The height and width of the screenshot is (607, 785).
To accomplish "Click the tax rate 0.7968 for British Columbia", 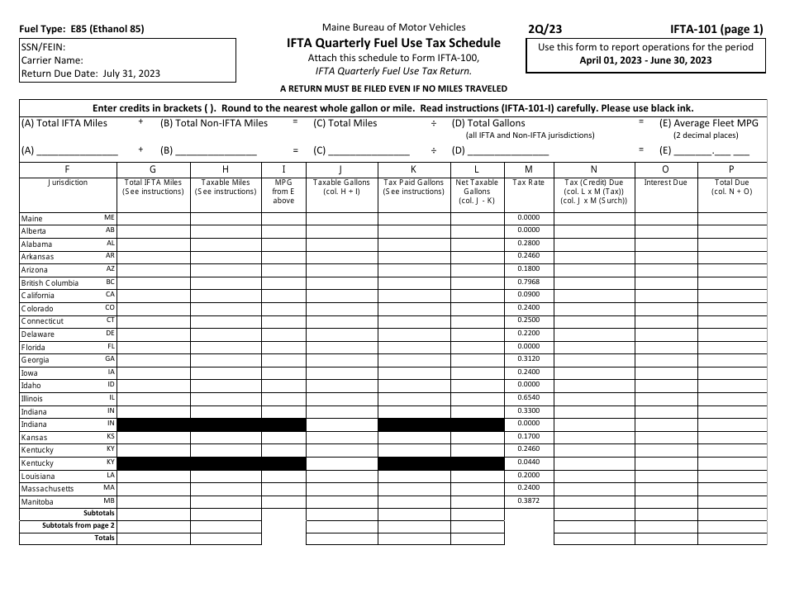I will [x=529, y=282].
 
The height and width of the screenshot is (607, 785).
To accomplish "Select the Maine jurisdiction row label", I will [x=31, y=219].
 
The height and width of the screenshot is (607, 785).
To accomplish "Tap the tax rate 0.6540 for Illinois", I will [x=529, y=398].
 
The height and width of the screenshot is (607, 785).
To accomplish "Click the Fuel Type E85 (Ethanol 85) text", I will [x=81, y=29].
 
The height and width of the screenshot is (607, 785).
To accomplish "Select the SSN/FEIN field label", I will [x=43, y=48].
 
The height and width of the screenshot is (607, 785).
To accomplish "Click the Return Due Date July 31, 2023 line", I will [x=91, y=74].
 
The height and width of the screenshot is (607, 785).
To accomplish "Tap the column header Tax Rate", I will [x=529, y=183].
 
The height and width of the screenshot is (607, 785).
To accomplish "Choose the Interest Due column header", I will [x=665, y=183].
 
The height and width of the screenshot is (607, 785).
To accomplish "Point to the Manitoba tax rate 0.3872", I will [x=529, y=501].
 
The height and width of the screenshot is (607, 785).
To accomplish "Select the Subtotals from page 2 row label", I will [x=78, y=525].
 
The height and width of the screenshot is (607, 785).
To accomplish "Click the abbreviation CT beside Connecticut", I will [x=110, y=320].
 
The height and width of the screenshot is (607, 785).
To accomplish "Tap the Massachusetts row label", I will [x=47, y=489].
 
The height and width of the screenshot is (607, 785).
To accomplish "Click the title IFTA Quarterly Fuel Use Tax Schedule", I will [x=393, y=43].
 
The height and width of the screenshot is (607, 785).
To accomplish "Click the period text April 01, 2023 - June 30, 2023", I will [x=645, y=60].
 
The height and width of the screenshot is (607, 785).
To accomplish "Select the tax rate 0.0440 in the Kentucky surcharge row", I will [x=529, y=462].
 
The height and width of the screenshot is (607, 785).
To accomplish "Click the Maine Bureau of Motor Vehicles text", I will [x=393, y=27].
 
